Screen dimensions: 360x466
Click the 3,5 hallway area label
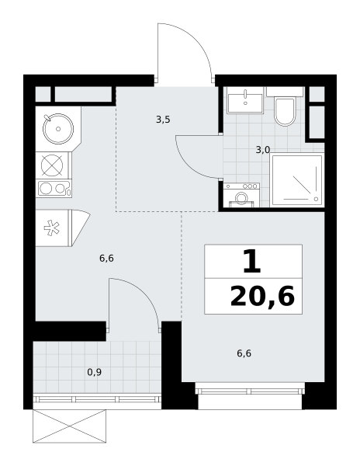point(163,120)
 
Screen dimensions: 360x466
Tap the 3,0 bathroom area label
point(263,150)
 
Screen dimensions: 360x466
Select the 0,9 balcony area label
point(95,372)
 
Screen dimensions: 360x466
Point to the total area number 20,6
point(262,297)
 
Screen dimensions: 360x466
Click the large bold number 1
point(252,262)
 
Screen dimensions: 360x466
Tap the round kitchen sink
point(58,129)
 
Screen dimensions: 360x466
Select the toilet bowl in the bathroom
point(285,111)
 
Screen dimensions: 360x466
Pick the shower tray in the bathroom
point(297,180)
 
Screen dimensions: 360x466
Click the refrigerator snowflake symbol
point(52,228)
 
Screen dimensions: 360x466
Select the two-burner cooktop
point(54,189)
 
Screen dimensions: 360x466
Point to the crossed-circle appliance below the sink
point(52,165)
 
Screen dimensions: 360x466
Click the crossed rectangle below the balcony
point(69,426)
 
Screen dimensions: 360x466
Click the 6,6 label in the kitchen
point(106,259)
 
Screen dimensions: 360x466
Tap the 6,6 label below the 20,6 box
point(244,353)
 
